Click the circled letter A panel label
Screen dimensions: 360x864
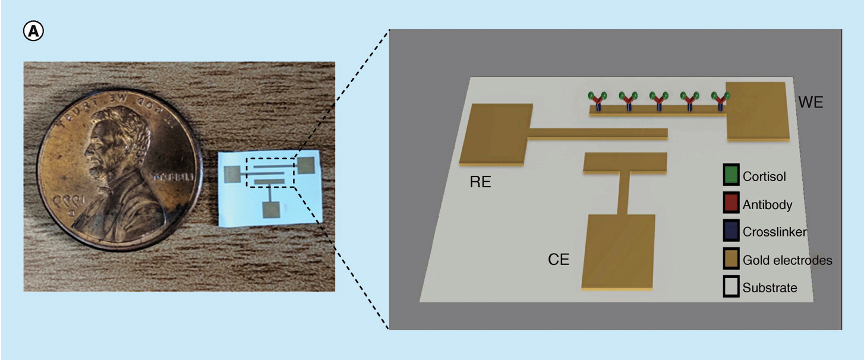33,31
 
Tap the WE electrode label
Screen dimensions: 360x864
811,102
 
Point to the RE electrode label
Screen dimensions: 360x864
480,182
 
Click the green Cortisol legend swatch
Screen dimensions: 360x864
731,176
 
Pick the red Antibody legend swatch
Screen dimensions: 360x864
731,204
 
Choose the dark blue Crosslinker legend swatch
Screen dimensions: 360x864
731,232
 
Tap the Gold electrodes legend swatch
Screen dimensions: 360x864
731,260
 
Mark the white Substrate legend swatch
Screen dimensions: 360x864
731,288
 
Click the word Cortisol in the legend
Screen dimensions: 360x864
764,176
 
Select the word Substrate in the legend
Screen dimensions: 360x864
770,288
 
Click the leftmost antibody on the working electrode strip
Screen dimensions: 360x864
597,101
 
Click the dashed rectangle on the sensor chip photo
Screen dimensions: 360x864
271,172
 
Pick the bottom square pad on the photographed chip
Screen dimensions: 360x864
272,210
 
